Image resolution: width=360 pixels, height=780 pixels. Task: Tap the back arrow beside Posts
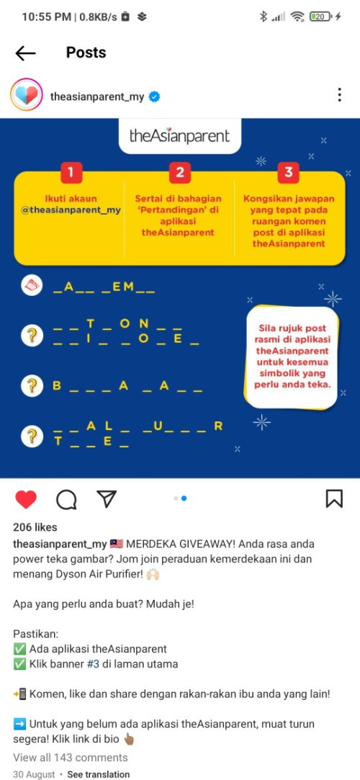pyautogui.click(x=25, y=53)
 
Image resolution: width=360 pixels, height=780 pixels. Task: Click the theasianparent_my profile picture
pyautogui.click(x=27, y=94)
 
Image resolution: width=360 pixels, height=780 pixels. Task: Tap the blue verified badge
pyautogui.click(x=155, y=97)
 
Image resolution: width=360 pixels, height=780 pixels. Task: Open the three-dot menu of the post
pyautogui.click(x=339, y=94)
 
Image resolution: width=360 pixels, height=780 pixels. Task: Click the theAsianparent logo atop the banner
pyautogui.click(x=179, y=136)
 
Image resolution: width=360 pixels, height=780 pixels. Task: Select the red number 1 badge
pyautogui.click(x=71, y=173)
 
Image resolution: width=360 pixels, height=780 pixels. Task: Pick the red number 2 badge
pyautogui.click(x=180, y=173)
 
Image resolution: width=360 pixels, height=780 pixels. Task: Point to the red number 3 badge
pyautogui.click(x=289, y=173)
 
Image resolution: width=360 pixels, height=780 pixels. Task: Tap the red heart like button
pyautogui.click(x=26, y=499)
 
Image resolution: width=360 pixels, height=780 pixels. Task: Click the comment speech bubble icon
pyautogui.click(x=66, y=499)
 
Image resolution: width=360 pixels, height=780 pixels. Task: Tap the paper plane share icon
pyautogui.click(x=107, y=498)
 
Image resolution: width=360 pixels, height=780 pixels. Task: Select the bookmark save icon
pyautogui.click(x=334, y=498)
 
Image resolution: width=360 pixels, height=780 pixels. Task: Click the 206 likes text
pyautogui.click(x=35, y=527)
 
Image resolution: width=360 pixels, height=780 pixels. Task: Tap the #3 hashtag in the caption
pyautogui.click(x=93, y=663)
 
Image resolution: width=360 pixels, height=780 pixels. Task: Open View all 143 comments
pyautogui.click(x=70, y=758)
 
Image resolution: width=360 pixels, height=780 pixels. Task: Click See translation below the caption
pyautogui.click(x=99, y=774)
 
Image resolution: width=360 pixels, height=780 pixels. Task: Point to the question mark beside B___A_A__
pyautogui.click(x=32, y=385)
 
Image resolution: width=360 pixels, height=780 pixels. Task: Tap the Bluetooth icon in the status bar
pyautogui.click(x=264, y=17)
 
